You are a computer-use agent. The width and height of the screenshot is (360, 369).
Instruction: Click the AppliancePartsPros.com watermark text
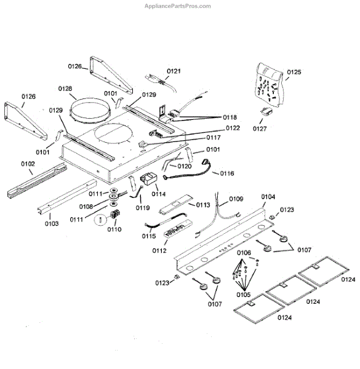178,6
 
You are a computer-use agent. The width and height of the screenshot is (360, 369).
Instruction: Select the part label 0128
65,89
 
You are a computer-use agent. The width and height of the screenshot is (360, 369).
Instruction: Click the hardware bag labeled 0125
269,84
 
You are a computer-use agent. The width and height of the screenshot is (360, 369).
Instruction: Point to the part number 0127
260,129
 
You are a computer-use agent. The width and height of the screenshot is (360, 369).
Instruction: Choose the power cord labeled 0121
161,82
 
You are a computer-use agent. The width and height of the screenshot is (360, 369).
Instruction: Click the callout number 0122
233,128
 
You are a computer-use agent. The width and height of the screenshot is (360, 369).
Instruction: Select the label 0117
214,137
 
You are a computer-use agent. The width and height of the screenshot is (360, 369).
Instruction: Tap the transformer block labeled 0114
148,180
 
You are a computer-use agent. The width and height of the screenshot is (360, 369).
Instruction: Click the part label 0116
227,173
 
